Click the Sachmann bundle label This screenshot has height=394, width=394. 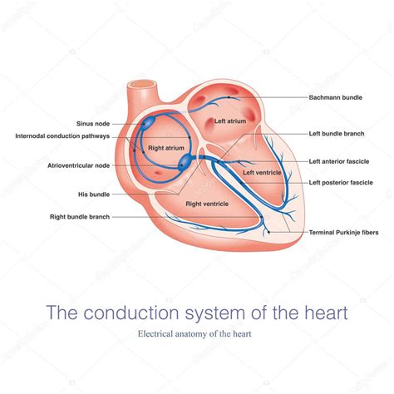[336, 97]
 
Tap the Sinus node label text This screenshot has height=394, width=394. [93, 124]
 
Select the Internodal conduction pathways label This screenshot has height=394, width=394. [62, 136]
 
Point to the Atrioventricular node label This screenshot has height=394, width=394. [79, 165]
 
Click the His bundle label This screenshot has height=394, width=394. [94, 195]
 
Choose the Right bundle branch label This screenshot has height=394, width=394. [80, 217]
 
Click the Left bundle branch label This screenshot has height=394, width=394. [337, 134]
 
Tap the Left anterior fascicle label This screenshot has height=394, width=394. [339, 161]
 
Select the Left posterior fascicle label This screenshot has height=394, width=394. [341, 183]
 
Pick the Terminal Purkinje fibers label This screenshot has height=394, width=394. [343, 233]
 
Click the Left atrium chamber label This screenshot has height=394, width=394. [230, 121]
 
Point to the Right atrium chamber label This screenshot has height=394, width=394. [166, 148]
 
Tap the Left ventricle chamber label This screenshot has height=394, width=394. [262, 173]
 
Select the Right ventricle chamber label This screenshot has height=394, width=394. [207, 204]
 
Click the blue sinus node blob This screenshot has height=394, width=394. [148, 122]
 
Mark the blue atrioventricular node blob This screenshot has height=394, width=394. [185, 161]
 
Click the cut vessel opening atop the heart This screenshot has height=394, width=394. [142, 84]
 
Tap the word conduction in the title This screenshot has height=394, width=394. [131, 313]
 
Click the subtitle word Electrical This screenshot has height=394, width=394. [155, 333]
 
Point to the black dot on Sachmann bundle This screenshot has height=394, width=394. [229, 97]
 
